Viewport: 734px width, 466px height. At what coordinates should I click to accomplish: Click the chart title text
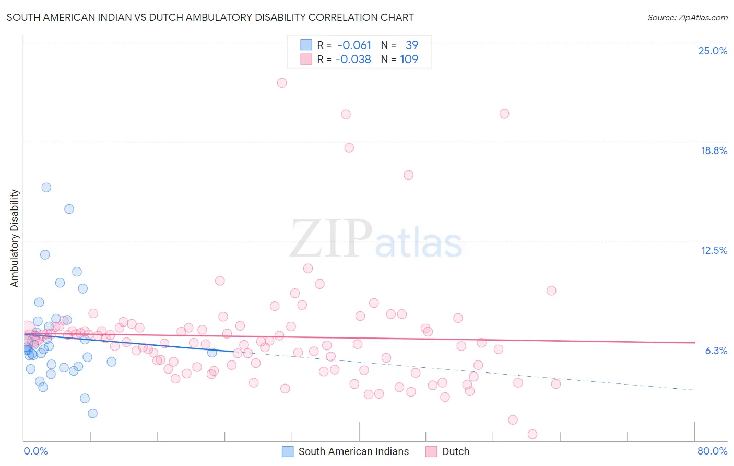point(210,17)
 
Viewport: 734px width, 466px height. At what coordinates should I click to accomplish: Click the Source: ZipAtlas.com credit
point(687,17)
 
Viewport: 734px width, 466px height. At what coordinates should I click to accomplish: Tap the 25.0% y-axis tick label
point(713,51)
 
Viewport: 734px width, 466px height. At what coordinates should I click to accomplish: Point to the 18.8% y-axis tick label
point(714,150)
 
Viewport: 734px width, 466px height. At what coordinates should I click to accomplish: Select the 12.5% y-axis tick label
point(714,250)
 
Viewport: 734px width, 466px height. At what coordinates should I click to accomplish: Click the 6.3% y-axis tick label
point(716,351)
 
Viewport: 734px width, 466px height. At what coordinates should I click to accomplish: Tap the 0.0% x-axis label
point(35,451)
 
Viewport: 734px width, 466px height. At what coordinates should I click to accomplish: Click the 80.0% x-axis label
point(712,451)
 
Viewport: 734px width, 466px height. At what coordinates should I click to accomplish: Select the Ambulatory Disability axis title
point(15,238)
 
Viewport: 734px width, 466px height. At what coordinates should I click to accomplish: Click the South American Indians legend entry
point(353,451)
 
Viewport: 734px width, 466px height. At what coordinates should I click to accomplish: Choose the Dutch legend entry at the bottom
point(455,451)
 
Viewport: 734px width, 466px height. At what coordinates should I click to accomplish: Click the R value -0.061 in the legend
point(354,45)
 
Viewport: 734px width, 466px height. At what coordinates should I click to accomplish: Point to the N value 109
point(409,59)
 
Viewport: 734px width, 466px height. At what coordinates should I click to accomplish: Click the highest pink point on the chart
point(282,83)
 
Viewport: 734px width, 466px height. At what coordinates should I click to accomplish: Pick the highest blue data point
point(46,187)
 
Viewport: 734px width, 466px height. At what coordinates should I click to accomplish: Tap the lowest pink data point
point(532,434)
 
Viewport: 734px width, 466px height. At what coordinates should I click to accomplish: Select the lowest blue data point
point(92,413)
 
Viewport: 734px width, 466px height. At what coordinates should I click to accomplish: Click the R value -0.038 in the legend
point(353,59)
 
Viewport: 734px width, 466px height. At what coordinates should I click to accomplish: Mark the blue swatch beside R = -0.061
point(306,45)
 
